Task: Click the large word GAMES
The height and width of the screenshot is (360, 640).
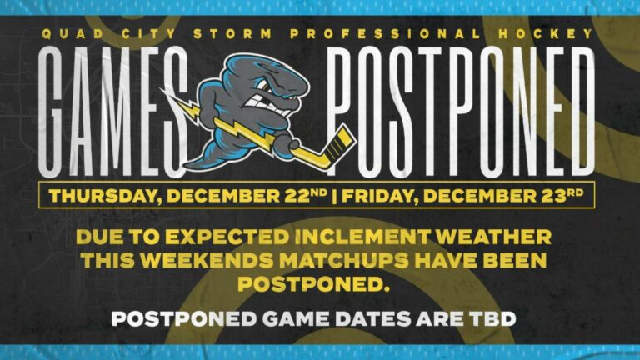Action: [113, 112]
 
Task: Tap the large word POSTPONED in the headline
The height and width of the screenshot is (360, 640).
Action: [461, 112]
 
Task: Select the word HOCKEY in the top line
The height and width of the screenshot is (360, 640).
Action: [546, 34]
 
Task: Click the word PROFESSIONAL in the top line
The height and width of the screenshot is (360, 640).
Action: [385, 34]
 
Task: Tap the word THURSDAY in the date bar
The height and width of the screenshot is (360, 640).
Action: [104, 197]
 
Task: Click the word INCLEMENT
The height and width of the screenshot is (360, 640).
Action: [362, 237]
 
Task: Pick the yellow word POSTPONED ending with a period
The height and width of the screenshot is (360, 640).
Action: [313, 284]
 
